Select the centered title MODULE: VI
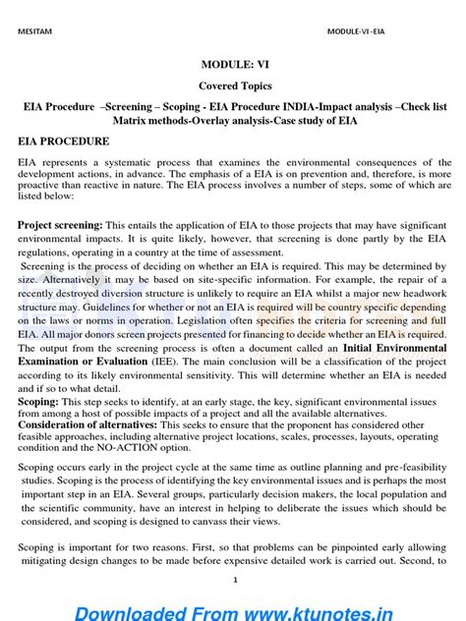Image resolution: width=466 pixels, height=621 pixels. pos(233,65)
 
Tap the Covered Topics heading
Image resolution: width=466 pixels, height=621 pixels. pos(233,86)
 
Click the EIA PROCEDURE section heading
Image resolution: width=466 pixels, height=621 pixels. pos(64,141)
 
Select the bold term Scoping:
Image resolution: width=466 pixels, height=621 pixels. pos(38,402)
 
